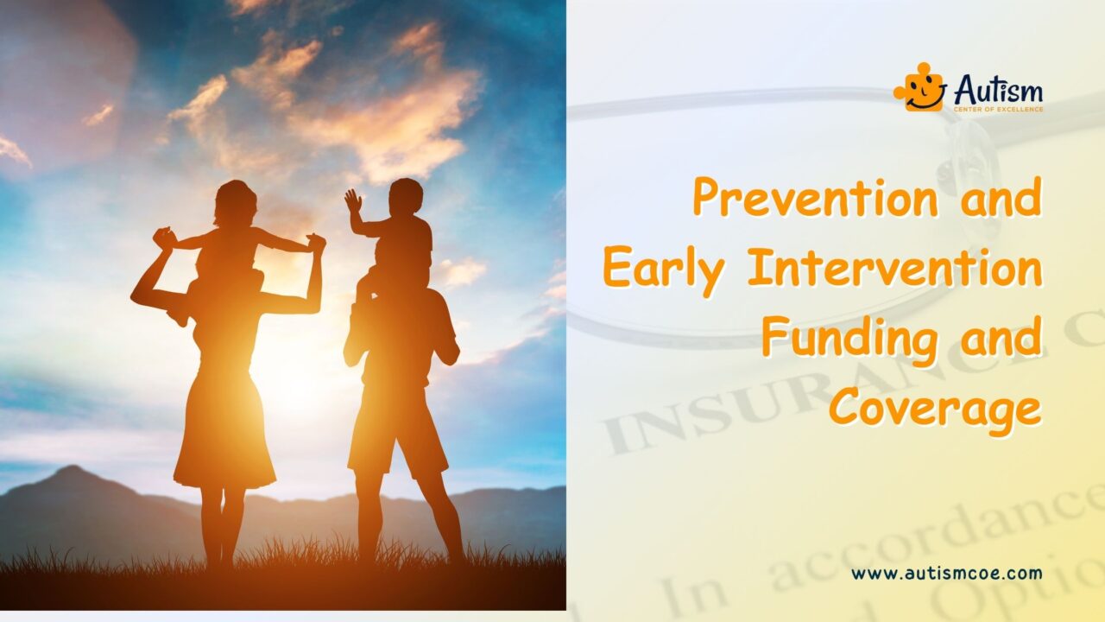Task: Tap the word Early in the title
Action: click(x=662, y=268)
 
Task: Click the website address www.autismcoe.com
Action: click(x=946, y=573)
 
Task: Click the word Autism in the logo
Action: click(x=998, y=88)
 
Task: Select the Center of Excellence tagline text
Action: click(x=998, y=109)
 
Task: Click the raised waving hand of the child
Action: click(x=352, y=200)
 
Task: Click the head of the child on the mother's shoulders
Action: click(x=235, y=202)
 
